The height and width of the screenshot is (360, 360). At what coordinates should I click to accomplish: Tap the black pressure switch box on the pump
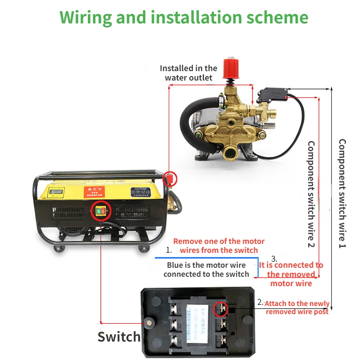click(x=273, y=94)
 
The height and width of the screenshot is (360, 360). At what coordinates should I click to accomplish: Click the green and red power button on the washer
click(x=100, y=211)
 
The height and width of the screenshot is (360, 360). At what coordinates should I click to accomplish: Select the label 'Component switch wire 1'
click(x=342, y=193)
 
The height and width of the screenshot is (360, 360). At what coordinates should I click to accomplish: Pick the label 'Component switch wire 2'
click(x=311, y=193)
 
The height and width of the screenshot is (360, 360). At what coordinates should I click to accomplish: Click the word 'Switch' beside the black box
click(x=119, y=337)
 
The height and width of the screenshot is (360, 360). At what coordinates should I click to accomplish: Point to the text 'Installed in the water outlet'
click(x=189, y=73)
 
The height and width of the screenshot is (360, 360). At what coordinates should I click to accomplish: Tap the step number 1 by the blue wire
click(x=169, y=249)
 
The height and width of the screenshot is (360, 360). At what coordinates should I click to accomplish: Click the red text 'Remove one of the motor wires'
click(x=219, y=246)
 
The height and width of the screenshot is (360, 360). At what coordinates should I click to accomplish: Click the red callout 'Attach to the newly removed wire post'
click(x=297, y=308)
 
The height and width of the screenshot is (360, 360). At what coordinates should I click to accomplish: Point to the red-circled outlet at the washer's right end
click(x=170, y=179)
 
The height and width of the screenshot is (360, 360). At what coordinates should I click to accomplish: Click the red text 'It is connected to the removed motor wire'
click(x=291, y=274)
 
